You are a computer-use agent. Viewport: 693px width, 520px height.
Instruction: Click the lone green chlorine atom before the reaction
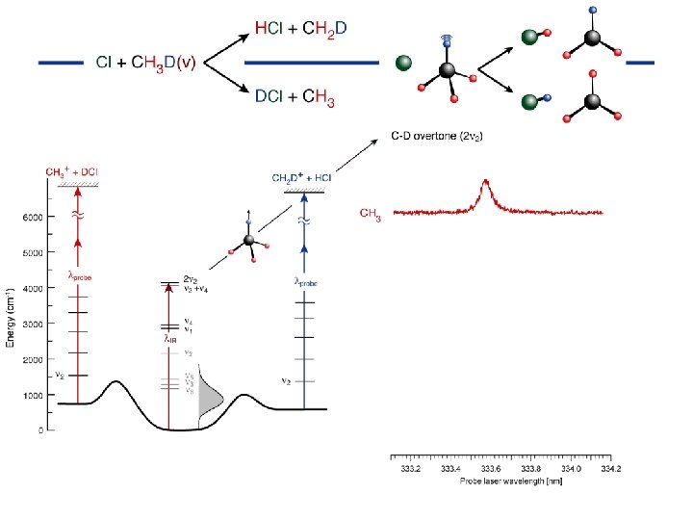404,64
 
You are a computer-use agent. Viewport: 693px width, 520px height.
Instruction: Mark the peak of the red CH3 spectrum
486,181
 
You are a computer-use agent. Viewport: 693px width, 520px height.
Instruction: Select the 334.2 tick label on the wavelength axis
610,468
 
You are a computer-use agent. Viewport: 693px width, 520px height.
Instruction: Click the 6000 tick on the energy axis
32,217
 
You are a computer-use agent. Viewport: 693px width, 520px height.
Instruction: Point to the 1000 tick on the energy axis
32,395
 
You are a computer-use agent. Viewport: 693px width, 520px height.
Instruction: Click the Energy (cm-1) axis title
11,318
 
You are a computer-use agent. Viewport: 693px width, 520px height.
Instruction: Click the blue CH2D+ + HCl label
302,178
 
